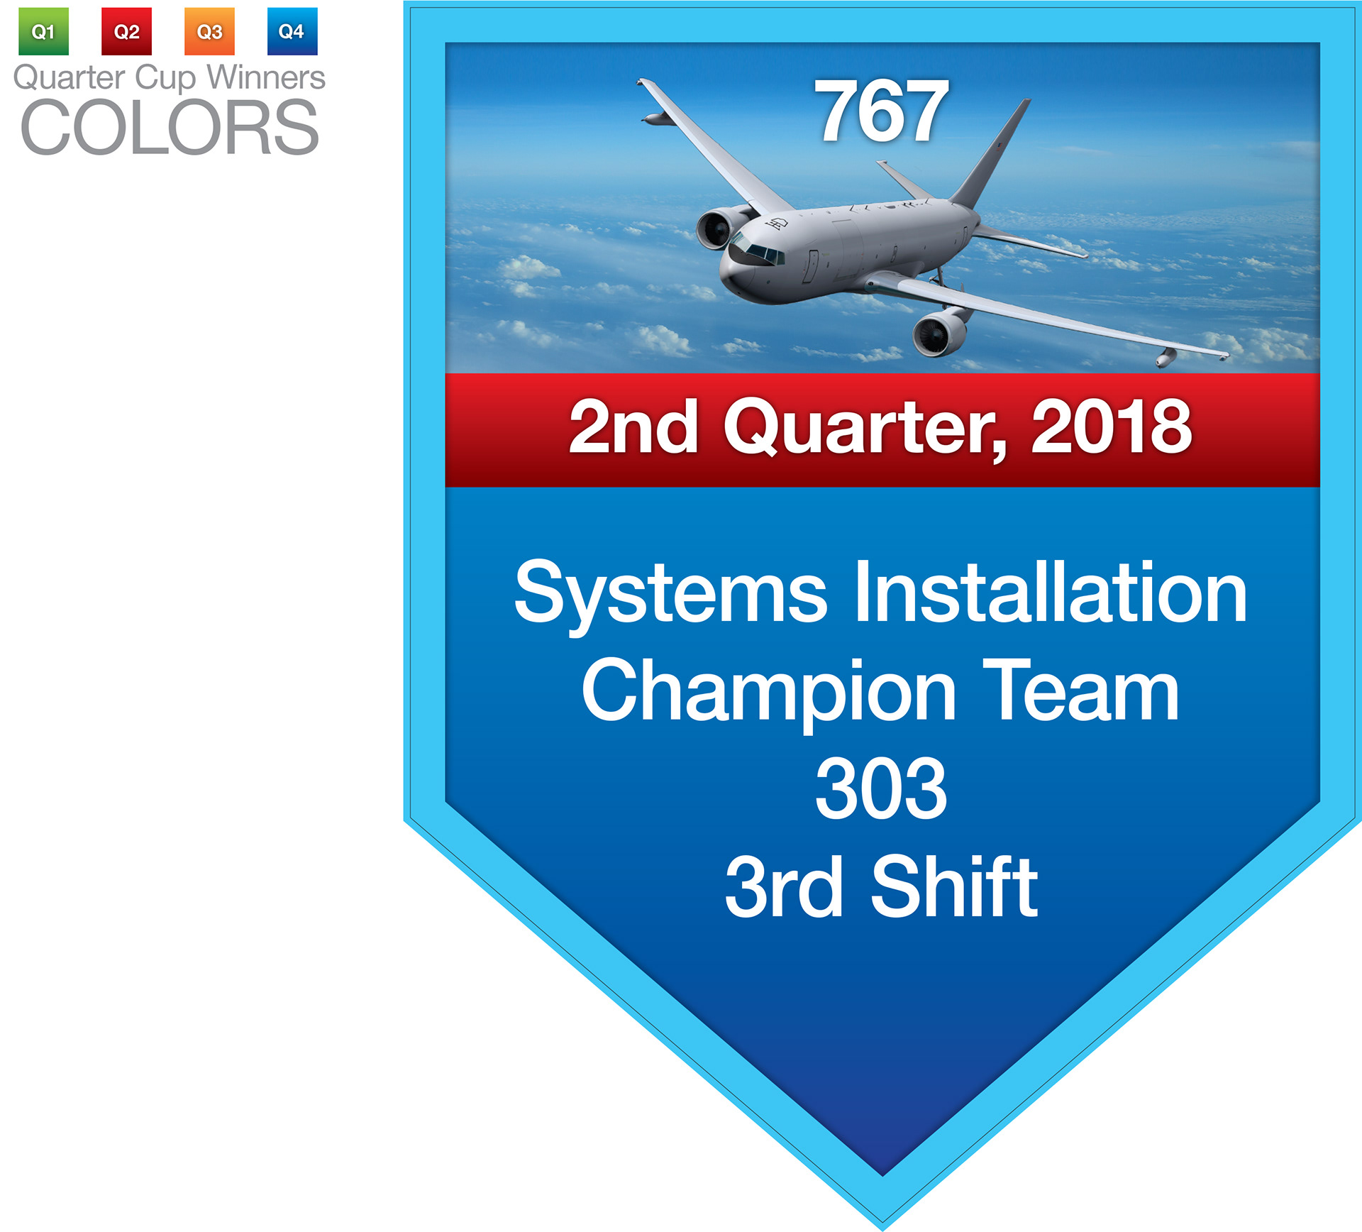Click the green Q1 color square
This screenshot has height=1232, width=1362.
(43, 31)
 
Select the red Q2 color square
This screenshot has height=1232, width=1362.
(126, 31)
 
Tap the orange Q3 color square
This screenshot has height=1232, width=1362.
(209, 31)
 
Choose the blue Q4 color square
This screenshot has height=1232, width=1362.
(292, 31)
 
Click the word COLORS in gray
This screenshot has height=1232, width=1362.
(170, 128)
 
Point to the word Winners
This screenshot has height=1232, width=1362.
(266, 77)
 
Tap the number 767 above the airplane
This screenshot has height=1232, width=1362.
(882, 111)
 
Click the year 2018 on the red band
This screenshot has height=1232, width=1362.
(1112, 426)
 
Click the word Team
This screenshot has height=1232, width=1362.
(1081, 689)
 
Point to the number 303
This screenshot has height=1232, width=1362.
(882, 788)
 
